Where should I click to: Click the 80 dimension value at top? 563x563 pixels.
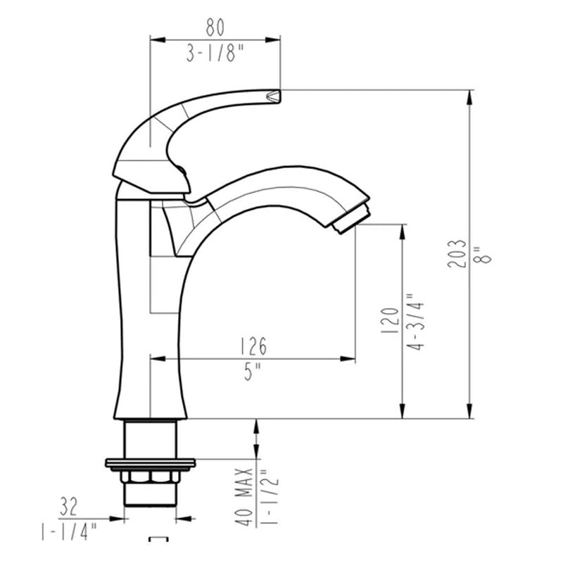(215, 27)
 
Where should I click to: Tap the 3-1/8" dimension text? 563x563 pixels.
(215, 53)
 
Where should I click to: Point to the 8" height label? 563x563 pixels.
(483, 253)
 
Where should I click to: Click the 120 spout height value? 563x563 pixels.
(388, 320)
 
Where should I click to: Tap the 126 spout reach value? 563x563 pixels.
(253, 346)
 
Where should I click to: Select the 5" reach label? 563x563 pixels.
(253, 372)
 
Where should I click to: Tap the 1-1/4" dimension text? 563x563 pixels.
(69, 529)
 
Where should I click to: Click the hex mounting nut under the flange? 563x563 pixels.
(150, 476)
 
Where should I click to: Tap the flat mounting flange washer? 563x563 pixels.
(150, 463)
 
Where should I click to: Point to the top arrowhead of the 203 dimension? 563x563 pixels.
(469, 95)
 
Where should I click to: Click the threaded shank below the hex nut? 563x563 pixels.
(150, 495)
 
